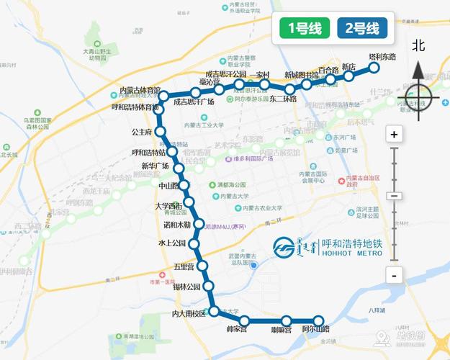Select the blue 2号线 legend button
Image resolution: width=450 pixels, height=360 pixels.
coord(362,29)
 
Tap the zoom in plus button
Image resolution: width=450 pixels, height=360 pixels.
coord(393,134)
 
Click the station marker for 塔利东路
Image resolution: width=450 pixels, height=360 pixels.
coord(374,68)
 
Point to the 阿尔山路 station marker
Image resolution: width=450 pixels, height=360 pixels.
coord(317,320)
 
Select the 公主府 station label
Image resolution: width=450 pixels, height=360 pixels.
coord(142,132)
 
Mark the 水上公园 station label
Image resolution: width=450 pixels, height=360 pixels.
coord(173,243)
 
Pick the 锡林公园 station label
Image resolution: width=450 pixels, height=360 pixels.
coord(181,287)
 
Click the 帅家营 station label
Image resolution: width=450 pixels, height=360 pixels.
coord(236,330)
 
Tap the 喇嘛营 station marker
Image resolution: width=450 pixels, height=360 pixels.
coord(287,320)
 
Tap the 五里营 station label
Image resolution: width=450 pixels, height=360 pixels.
coord(184,267)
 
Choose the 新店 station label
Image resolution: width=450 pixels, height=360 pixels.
coord(349,67)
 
